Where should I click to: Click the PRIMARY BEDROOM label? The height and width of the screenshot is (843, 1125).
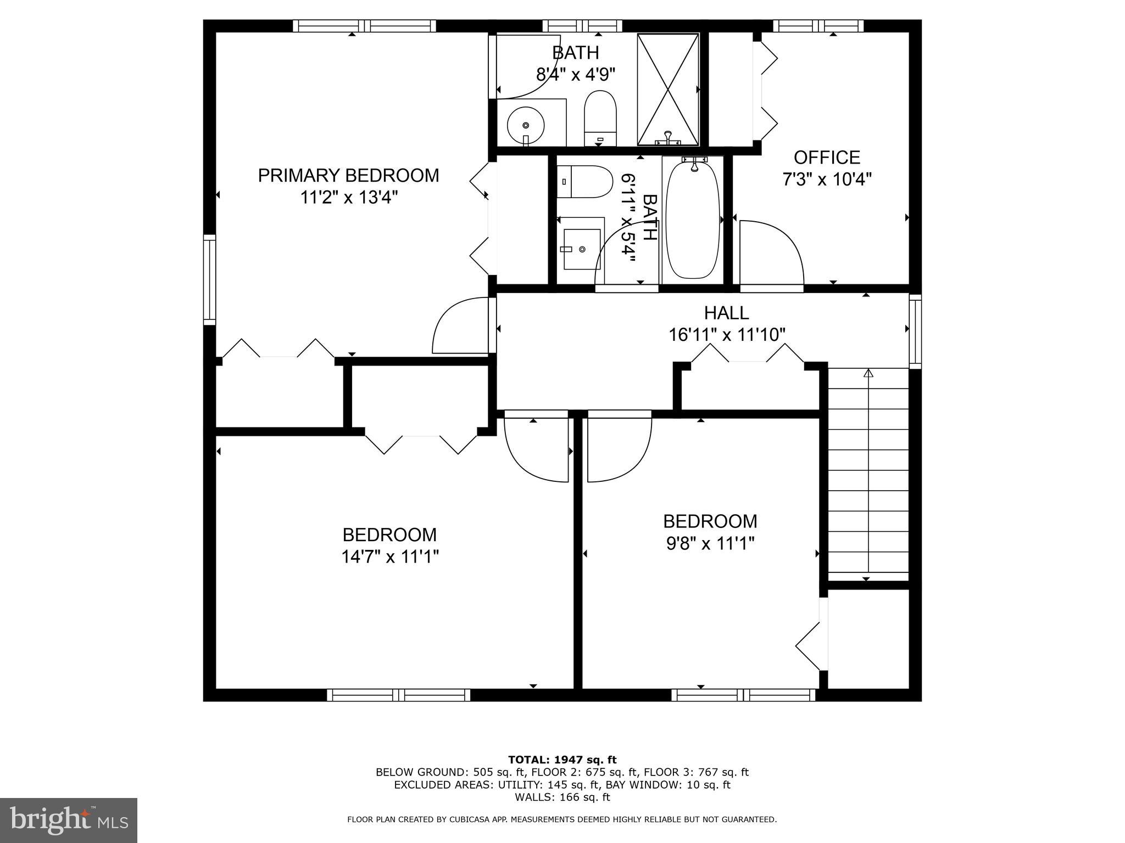point(348,176)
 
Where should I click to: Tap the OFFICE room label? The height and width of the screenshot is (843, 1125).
point(827,158)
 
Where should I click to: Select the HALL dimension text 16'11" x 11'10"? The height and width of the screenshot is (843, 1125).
point(726,335)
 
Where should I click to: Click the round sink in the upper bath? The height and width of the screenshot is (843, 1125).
point(526,125)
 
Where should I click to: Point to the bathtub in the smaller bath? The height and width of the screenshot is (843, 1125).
point(693,218)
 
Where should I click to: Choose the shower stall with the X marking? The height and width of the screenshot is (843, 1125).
point(667,89)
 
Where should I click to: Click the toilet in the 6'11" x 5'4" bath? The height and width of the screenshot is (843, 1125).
point(586,182)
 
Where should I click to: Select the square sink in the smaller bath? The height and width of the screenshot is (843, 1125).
point(581,249)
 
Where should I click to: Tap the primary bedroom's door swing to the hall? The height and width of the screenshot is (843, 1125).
point(460,325)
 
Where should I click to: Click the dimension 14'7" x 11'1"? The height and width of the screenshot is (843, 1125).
point(390,557)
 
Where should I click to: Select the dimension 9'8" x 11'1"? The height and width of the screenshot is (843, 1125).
point(710,543)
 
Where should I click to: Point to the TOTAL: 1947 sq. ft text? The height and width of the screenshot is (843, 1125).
point(562,760)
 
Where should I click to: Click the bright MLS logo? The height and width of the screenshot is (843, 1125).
point(69,820)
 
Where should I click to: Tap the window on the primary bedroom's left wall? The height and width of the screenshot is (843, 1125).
point(209,279)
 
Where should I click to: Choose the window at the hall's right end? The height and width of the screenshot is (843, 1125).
point(915,331)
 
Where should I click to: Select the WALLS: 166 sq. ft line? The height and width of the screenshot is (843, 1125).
point(562,797)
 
